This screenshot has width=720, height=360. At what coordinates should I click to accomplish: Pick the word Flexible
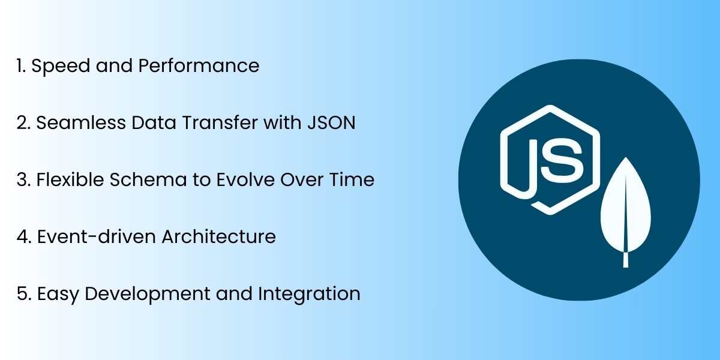pos(65,179)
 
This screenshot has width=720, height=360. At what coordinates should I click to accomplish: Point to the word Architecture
pos(218,236)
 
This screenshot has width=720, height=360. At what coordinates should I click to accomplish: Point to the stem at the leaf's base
pos(626,260)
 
